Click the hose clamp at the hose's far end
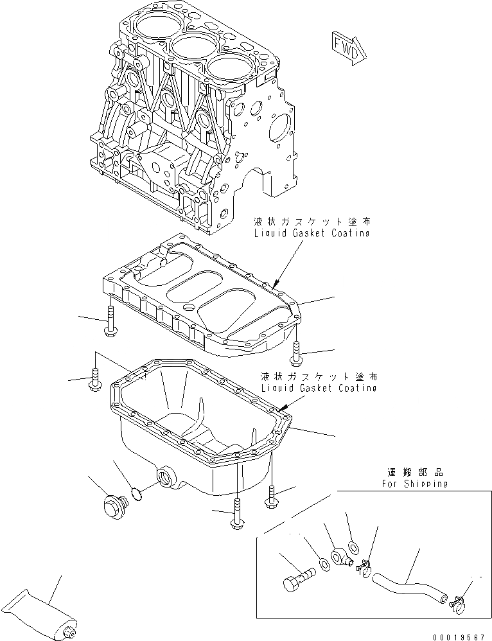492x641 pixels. [458, 601]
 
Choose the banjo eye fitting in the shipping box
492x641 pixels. [342, 558]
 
